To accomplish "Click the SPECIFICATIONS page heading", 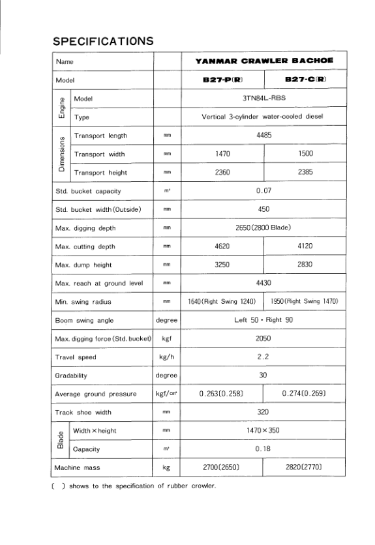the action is pyautogui.click(x=103, y=41).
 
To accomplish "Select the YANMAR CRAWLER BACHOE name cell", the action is pyautogui.click(x=264, y=61).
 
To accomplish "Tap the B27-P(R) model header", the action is pyautogui.click(x=222, y=80).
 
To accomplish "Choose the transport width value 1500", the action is pyautogui.click(x=305, y=154).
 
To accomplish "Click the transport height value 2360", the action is pyautogui.click(x=222, y=173).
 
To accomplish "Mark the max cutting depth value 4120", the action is pyautogui.click(x=305, y=246).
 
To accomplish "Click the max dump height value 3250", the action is pyautogui.click(x=222, y=265).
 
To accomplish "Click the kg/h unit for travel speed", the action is pyautogui.click(x=166, y=357).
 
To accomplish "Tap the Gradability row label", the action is pyautogui.click(x=71, y=376).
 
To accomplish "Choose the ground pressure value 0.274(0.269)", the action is pyautogui.click(x=305, y=394).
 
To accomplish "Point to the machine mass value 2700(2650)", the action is pyautogui.click(x=222, y=467).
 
